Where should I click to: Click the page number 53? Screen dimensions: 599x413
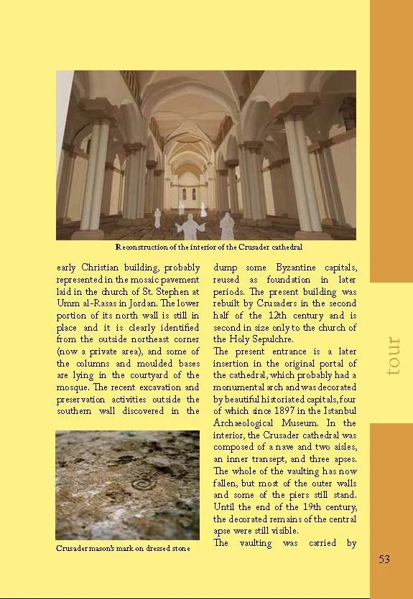click(x=384, y=559)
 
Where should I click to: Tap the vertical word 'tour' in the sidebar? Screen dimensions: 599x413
click(x=392, y=356)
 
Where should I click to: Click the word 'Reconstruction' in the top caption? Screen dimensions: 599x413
click(x=142, y=247)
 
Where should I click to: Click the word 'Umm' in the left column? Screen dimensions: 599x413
click(x=66, y=303)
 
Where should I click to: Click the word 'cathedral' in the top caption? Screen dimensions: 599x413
click(x=272, y=247)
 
